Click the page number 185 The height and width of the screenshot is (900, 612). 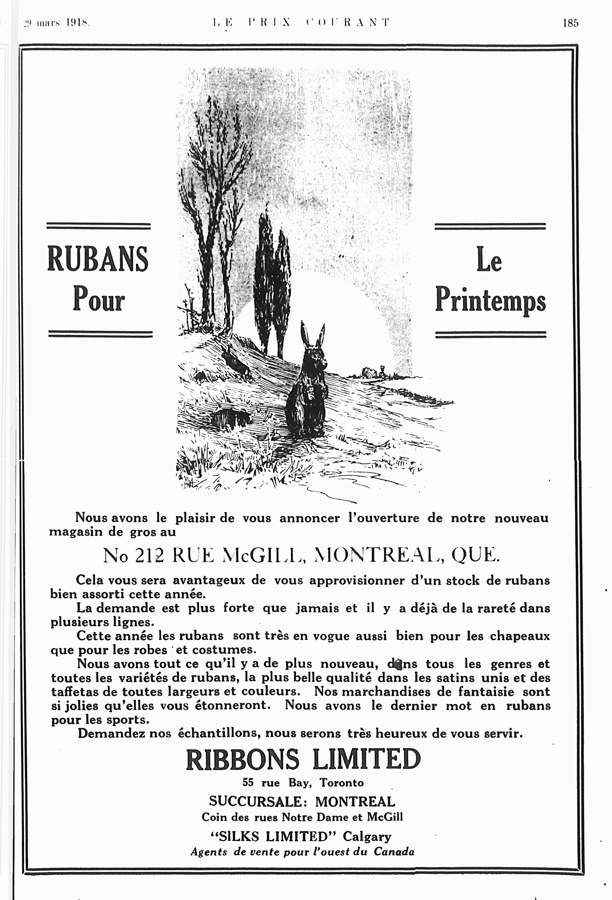tap(570, 23)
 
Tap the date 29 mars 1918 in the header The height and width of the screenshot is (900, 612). tap(57, 23)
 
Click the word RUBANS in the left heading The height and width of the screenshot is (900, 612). tap(98, 259)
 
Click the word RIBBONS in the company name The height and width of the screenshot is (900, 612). tap(242, 760)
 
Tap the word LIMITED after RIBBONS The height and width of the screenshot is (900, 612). tap(366, 760)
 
